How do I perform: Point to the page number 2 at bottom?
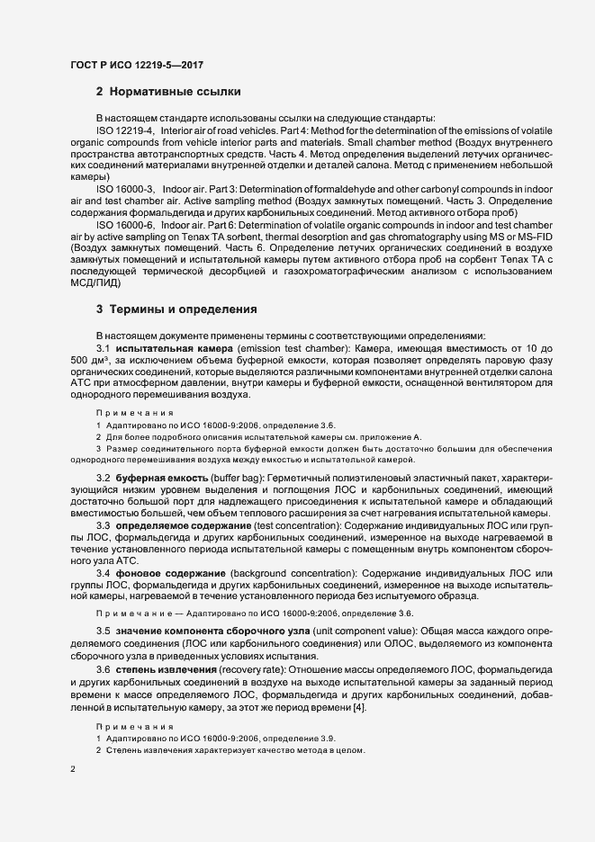click(x=72, y=769)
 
